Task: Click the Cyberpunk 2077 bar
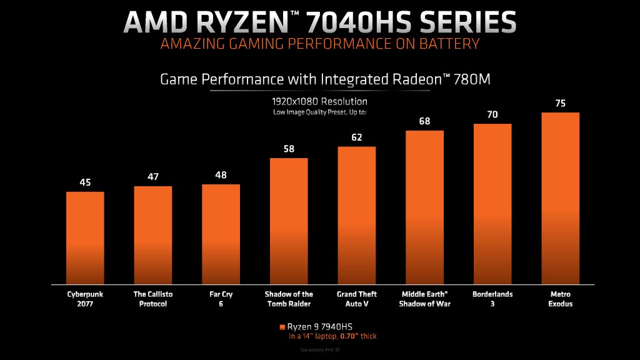[85, 237]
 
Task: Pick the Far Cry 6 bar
[221, 234]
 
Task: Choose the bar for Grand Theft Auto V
[357, 215]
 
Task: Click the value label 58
[289, 149]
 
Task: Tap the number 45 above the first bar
[85, 182]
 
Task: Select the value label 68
[424, 121]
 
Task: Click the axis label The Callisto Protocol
[153, 299]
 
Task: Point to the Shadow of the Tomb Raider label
[289, 299]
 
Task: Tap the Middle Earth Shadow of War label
[424, 299]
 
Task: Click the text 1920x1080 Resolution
[319, 101]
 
